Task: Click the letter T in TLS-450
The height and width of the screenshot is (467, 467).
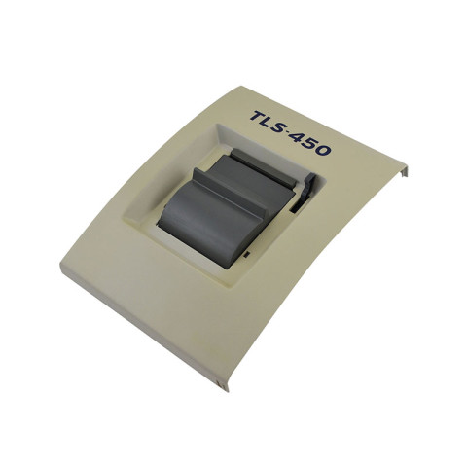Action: [x=259, y=117]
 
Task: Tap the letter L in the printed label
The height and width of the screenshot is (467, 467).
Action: [x=273, y=123]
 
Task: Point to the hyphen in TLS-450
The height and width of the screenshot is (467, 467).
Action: [x=297, y=136]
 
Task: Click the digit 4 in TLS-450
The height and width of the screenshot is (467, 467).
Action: [x=306, y=140]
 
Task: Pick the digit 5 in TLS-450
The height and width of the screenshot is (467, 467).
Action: [x=318, y=146]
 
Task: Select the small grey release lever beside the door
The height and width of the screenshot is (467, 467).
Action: [x=304, y=186]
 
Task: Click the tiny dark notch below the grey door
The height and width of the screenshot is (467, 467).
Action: [x=249, y=253]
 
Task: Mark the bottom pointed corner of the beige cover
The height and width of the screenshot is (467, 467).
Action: [x=226, y=388]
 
